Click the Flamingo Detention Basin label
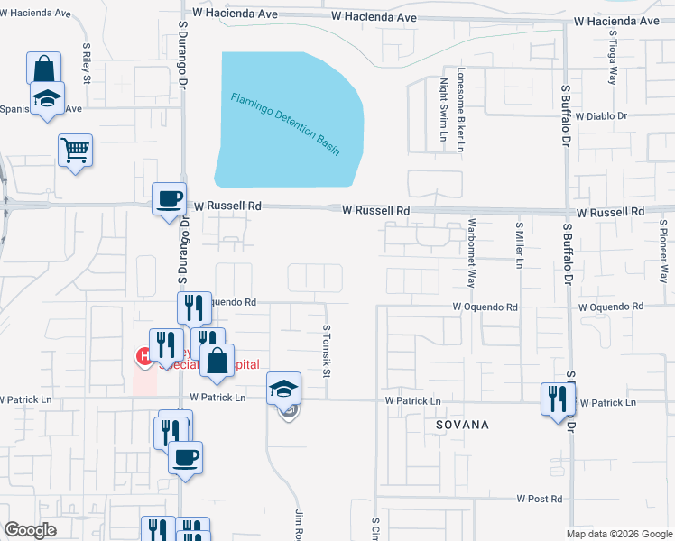point(285,124)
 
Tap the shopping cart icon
point(76,150)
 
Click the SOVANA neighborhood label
point(461,424)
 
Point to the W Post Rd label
point(540,499)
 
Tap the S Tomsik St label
point(328,353)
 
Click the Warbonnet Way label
point(471,252)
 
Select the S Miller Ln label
point(520,244)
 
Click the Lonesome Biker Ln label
point(460,107)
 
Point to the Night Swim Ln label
point(443,110)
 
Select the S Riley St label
point(88,62)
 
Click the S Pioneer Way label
point(663,253)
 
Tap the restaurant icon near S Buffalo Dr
point(558,399)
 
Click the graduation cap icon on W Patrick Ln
point(284,389)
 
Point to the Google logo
point(32,530)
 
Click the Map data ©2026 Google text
point(618,534)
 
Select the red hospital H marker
point(143,357)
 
